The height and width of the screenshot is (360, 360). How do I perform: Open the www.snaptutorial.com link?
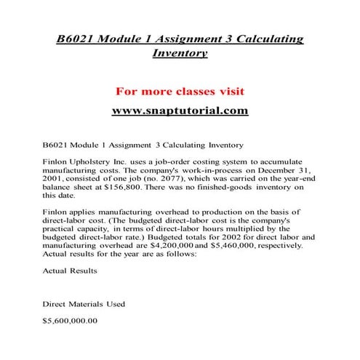(x=180, y=111)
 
